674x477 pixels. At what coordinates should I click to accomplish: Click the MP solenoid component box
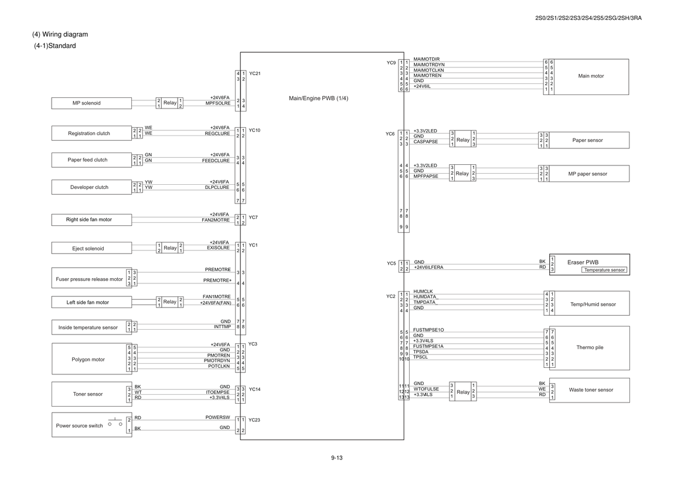[91, 103]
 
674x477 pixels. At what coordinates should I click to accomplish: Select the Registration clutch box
[91, 133]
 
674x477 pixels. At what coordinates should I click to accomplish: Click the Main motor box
[591, 76]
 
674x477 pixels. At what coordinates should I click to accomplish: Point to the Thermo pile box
[590, 347]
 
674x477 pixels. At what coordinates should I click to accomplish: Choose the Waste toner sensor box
[590, 390]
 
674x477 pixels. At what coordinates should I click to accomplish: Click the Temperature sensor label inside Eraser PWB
[604, 270]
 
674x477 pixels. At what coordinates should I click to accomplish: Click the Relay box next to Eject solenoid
[170, 248]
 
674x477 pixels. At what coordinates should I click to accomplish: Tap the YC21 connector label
[254, 73]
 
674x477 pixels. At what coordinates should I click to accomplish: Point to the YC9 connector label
[391, 63]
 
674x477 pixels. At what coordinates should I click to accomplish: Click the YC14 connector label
[254, 389]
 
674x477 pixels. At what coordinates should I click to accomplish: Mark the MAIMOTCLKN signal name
[428, 70]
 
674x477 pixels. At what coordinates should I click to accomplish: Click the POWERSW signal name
[217, 417]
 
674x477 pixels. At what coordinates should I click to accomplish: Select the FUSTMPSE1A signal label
[428, 346]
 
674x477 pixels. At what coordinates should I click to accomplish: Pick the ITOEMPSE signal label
[217, 393]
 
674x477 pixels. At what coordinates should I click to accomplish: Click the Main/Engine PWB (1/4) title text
[318, 98]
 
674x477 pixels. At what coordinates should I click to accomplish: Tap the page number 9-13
[336, 458]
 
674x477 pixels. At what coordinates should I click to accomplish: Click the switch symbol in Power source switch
[115, 422]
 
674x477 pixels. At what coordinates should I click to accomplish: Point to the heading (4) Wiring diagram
[60, 35]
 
